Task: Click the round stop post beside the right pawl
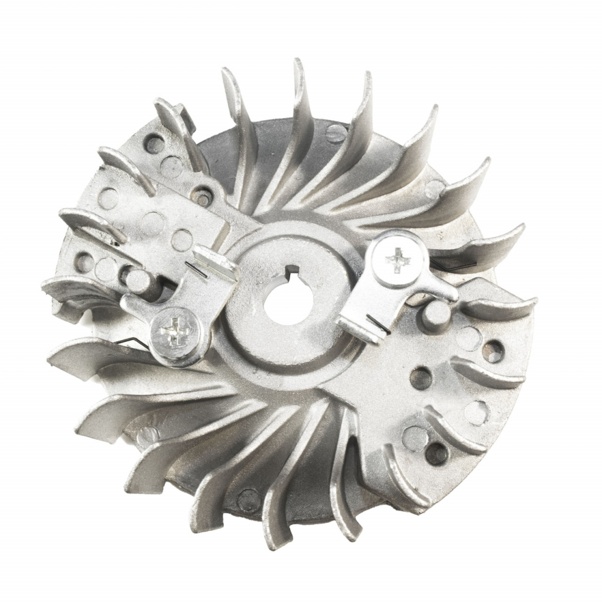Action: (435, 312)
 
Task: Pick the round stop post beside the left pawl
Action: (137, 278)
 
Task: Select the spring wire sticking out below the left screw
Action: (139, 342)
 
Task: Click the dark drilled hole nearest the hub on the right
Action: (421, 377)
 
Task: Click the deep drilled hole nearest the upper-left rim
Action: (155, 144)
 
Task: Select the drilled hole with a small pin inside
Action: (205, 197)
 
